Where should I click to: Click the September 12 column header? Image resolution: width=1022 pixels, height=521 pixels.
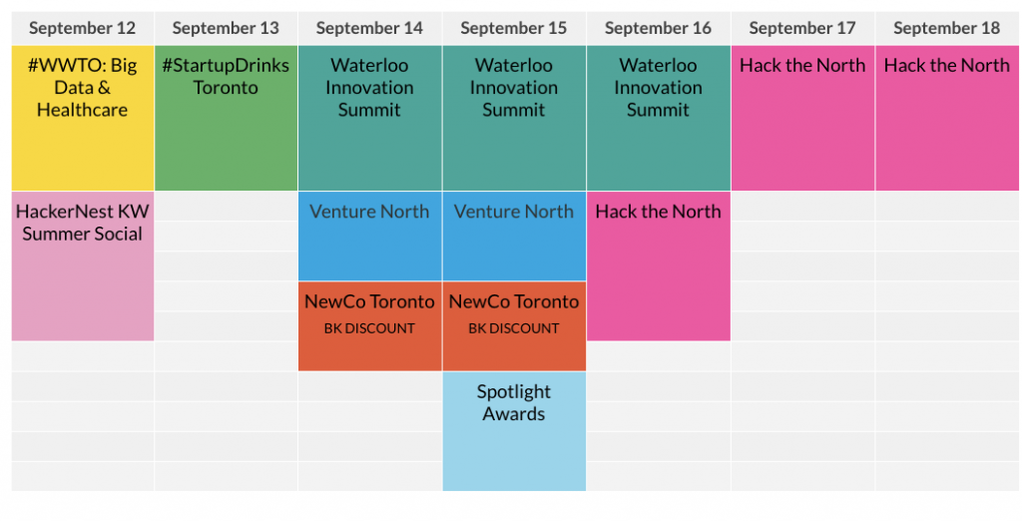82,28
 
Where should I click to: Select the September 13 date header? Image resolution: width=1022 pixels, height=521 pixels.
226,28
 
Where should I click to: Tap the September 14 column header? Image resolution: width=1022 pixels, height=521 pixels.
369,28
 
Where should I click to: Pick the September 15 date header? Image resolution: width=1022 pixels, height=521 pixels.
514,28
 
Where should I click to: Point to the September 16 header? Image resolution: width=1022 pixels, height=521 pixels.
658,28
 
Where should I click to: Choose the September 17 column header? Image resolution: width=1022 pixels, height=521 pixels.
802,28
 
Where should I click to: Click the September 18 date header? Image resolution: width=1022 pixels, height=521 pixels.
946,28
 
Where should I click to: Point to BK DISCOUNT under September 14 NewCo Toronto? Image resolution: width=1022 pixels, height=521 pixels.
369,328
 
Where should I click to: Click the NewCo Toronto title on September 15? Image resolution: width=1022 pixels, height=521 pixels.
514,301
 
